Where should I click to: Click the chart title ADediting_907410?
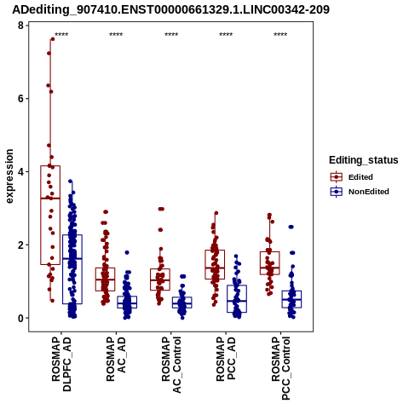click(x=170, y=9)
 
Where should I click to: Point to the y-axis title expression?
click(x=9, y=176)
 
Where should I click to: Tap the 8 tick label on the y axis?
click(x=20, y=26)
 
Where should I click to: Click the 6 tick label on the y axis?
click(x=20, y=99)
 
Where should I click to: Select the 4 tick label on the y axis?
click(x=20, y=172)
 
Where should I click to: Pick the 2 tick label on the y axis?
click(x=20, y=245)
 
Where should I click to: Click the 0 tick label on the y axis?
click(x=20, y=318)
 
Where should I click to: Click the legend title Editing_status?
click(x=364, y=160)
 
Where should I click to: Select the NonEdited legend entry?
click(x=360, y=192)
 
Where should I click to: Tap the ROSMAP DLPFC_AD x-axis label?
click(x=61, y=364)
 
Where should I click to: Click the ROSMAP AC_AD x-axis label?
click(x=116, y=359)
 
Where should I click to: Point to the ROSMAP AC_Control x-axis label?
click(x=171, y=365)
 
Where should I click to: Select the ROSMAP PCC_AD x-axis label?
click(x=226, y=359)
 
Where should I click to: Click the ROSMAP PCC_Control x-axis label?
click(x=281, y=368)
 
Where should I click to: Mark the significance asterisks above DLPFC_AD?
click(x=61, y=35)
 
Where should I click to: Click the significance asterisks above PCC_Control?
click(x=280, y=35)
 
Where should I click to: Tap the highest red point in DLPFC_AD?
click(x=53, y=39)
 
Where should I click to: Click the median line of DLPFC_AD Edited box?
click(x=50, y=199)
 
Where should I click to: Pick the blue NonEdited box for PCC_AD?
click(x=237, y=299)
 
